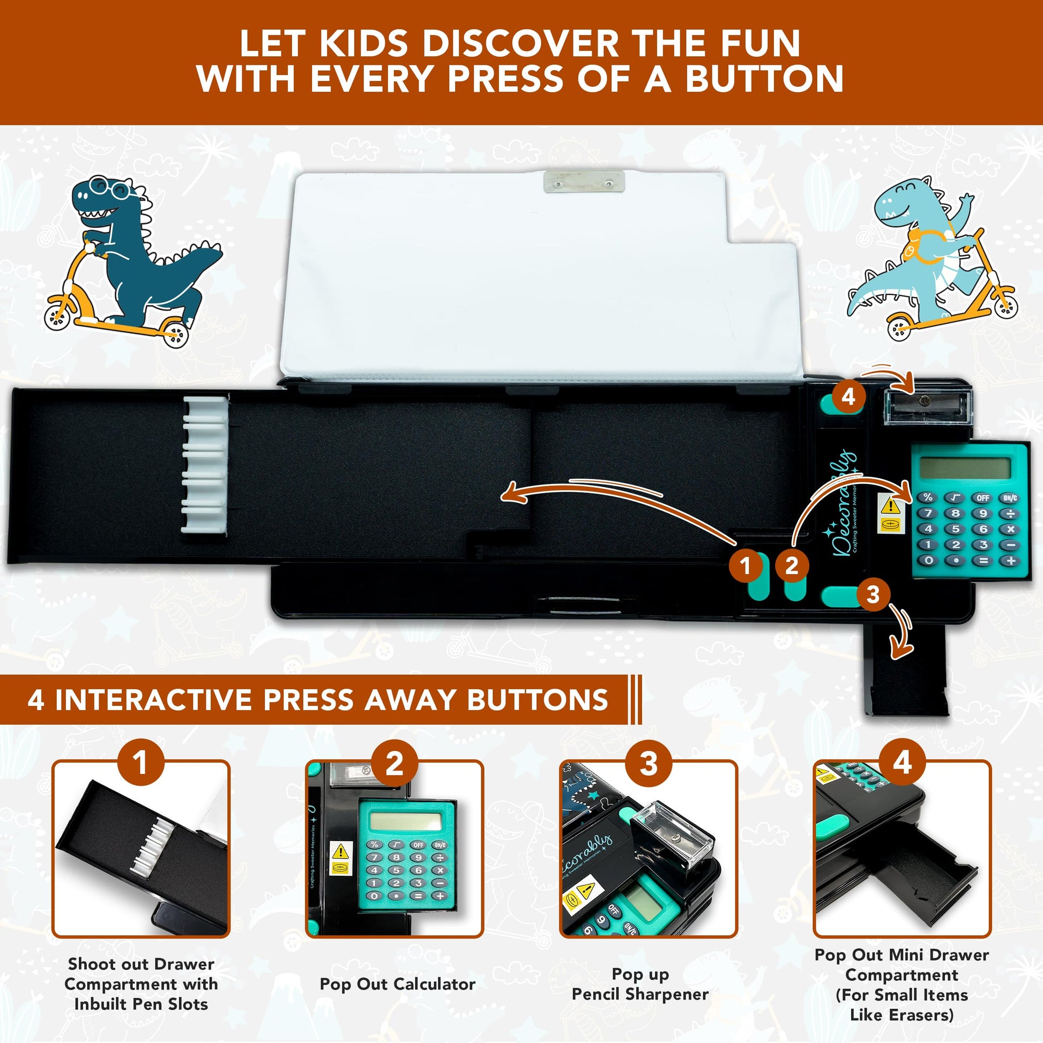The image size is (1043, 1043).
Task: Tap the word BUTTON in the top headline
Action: pyautogui.click(x=764, y=79)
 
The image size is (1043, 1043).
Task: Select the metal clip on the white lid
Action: pyautogui.click(x=584, y=181)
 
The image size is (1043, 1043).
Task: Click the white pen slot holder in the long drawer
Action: pyautogui.click(x=205, y=465)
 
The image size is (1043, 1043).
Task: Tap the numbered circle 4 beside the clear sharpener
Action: pyautogui.click(x=848, y=397)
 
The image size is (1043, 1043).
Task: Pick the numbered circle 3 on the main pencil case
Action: pyautogui.click(x=873, y=594)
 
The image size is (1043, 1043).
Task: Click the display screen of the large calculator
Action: pyautogui.click(x=965, y=468)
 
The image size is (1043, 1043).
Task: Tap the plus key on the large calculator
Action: pyautogui.click(x=1010, y=561)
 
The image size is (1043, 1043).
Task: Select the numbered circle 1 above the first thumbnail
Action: pyautogui.click(x=141, y=762)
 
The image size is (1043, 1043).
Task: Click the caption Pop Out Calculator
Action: pyautogui.click(x=397, y=984)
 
